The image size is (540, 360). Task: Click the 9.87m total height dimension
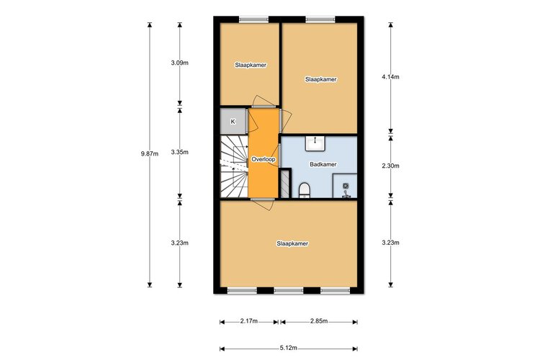(150, 153)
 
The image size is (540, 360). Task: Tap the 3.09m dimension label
(180, 63)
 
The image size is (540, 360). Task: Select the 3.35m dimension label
(180, 153)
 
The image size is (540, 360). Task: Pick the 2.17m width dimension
(249, 321)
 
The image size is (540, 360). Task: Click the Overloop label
(263, 159)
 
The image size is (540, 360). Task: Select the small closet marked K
(233, 122)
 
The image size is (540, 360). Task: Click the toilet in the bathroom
(304, 189)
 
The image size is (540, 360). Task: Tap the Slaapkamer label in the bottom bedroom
(292, 243)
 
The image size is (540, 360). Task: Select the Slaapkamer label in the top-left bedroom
(251, 65)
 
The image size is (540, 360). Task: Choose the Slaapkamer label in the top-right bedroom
(321, 79)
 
